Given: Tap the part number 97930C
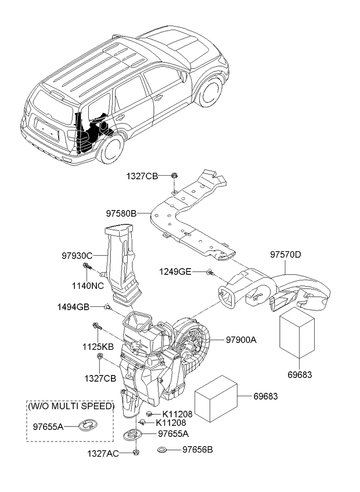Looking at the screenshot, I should [78, 254].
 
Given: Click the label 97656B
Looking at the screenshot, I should [198, 449].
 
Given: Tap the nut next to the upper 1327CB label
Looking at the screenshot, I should [174, 175].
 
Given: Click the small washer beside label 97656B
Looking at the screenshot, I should [163, 450].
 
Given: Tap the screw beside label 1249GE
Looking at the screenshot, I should [210, 272].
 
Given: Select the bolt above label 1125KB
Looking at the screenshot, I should [95, 326].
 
